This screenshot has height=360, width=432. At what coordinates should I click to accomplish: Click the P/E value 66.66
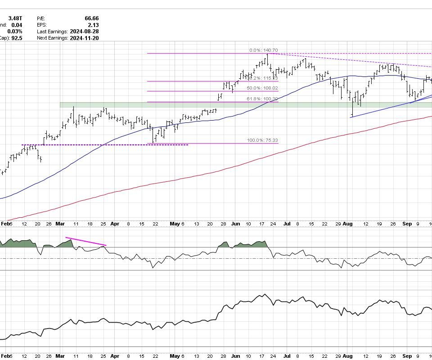click(x=91, y=18)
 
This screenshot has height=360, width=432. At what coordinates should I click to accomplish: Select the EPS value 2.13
click(x=94, y=25)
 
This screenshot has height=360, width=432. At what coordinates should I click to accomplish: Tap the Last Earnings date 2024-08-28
click(x=84, y=31)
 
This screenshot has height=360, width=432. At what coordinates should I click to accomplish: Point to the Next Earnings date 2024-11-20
click(x=84, y=38)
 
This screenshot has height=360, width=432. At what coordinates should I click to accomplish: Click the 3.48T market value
click(x=15, y=18)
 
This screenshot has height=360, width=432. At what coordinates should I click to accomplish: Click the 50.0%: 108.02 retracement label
click(x=263, y=88)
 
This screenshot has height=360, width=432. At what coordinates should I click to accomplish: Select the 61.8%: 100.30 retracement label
click(x=263, y=99)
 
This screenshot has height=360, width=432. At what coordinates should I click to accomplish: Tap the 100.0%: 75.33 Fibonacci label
click(x=262, y=140)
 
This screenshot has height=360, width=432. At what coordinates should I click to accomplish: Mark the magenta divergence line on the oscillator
click(x=85, y=241)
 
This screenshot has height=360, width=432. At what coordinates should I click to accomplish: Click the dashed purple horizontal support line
click(x=103, y=145)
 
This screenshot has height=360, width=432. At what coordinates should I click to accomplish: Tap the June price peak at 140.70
click(x=267, y=54)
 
